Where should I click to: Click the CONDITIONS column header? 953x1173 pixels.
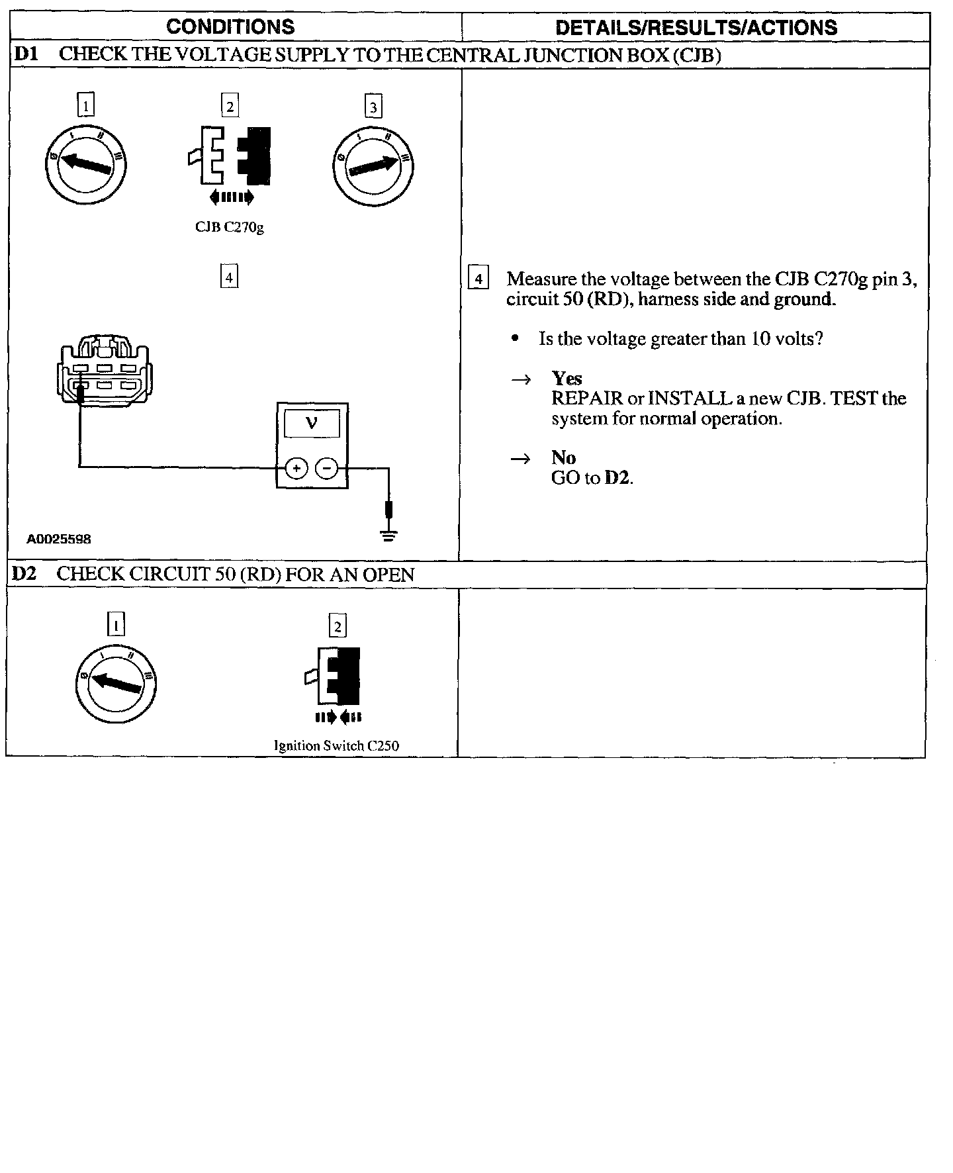(x=230, y=26)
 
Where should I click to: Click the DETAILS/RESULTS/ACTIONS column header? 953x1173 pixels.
(x=696, y=27)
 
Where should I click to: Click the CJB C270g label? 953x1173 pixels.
(x=230, y=227)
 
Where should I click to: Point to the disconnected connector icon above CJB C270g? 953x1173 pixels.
(x=230, y=157)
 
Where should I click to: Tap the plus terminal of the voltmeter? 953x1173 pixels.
(x=296, y=469)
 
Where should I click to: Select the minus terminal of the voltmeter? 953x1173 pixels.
(x=327, y=469)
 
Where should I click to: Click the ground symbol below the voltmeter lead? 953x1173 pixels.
(x=388, y=535)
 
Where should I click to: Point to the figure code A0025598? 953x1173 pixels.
(x=59, y=540)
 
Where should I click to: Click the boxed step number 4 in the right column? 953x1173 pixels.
(x=478, y=279)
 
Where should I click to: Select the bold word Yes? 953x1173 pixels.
(x=567, y=378)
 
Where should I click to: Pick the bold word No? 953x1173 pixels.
(x=563, y=457)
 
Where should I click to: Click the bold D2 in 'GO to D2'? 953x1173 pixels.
(x=617, y=478)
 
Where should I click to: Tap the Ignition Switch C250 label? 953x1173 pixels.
(x=336, y=746)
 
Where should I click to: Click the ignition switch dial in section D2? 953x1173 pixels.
(x=116, y=682)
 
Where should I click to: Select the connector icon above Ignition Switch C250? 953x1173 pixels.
(x=338, y=677)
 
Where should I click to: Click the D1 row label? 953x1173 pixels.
(x=26, y=54)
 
